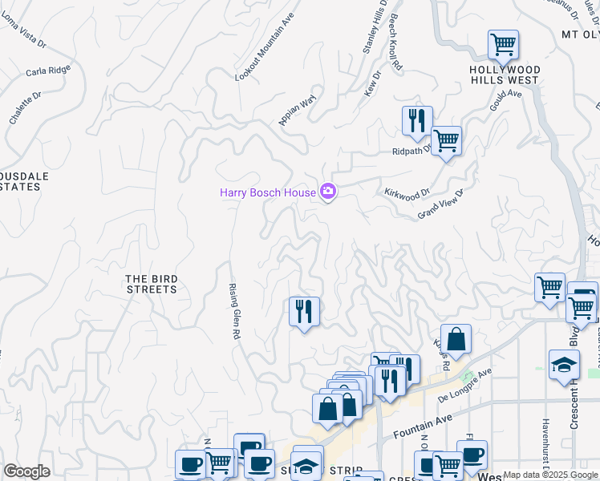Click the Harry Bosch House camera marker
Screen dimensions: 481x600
click(x=327, y=192)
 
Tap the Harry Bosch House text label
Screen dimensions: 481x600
click(x=268, y=192)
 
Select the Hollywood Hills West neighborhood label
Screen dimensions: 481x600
click(x=505, y=75)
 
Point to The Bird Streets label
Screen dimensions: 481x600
click(x=152, y=284)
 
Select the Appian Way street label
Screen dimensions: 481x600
click(x=298, y=111)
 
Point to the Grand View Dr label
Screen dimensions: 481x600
click(x=441, y=204)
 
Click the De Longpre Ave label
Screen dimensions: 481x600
click(x=464, y=385)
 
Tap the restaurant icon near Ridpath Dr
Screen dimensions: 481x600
click(x=417, y=121)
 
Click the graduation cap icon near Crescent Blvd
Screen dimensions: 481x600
click(x=564, y=365)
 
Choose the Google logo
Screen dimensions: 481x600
click(x=26, y=471)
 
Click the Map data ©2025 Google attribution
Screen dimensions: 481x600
click(x=550, y=475)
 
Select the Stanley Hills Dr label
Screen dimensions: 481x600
click(x=375, y=27)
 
